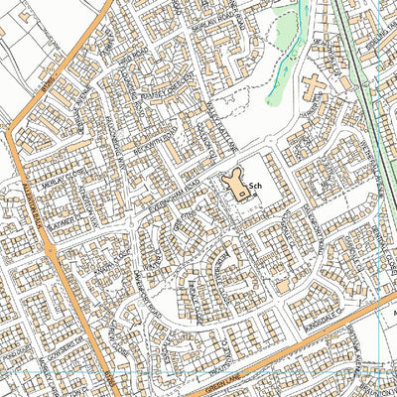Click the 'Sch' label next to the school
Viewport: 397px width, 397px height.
(254, 186)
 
